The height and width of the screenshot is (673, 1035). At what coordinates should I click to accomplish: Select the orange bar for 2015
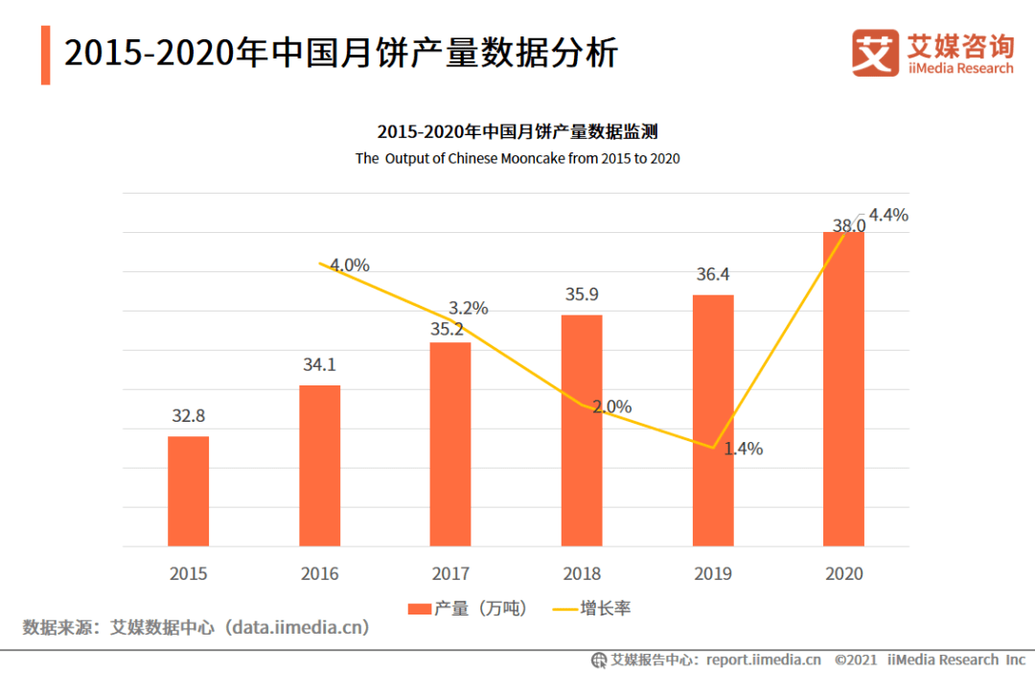[188, 491]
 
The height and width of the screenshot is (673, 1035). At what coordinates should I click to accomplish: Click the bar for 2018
[582, 430]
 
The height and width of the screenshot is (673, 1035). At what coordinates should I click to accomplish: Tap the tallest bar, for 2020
[843, 388]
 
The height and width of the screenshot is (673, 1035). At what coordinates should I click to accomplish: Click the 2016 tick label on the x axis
[319, 574]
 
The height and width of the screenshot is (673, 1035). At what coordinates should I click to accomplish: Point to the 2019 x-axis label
[713, 574]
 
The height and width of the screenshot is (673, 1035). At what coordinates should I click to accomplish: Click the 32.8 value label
[188, 416]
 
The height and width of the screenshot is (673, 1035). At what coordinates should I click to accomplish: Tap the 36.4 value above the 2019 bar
[712, 275]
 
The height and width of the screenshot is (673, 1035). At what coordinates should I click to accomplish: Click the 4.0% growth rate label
[350, 266]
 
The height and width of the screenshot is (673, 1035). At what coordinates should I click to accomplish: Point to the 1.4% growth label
[743, 449]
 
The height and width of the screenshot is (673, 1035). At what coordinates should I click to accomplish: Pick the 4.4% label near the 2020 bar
[888, 216]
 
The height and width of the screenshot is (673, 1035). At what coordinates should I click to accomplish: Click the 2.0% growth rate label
[611, 406]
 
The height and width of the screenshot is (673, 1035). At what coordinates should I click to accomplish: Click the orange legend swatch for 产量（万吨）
[419, 609]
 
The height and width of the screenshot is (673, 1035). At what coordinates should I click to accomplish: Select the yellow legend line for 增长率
[564, 609]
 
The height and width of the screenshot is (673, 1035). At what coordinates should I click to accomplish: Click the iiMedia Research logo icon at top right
[875, 54]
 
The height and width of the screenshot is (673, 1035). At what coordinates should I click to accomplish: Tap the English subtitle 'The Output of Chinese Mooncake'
[517, 158]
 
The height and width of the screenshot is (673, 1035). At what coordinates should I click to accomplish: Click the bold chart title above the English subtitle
[517, 132]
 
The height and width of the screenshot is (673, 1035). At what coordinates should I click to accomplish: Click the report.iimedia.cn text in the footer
[763, 660]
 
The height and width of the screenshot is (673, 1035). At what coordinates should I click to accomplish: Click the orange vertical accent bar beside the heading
[45, 55]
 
